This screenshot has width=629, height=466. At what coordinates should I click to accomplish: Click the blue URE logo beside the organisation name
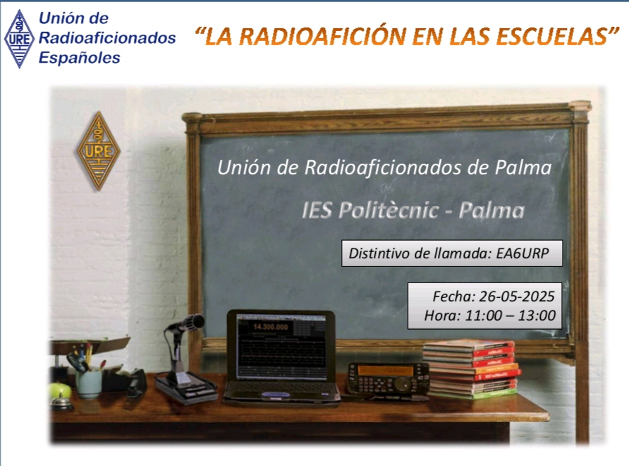[19, 39]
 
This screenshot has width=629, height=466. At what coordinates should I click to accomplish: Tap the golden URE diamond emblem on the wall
[98, 150]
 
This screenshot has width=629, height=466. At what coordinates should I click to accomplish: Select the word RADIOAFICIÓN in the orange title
[324, 36]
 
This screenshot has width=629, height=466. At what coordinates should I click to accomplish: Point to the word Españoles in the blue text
[80, 58]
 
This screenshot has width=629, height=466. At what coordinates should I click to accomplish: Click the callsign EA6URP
[523, 253]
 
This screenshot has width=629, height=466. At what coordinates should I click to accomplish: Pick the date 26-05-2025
[517, 297]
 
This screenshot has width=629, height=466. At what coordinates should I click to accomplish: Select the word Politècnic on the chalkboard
[389, 210]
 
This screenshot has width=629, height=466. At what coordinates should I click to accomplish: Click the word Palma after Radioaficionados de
[523, 167]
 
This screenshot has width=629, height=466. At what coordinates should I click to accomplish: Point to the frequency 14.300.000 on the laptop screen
[270, 327]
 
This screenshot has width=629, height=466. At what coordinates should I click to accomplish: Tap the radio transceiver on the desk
[388, 379]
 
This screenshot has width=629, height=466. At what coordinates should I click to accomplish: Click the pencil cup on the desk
[89, 383]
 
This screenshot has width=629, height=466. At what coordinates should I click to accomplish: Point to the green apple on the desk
[60, 390]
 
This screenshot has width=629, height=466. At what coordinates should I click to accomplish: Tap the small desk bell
[61, 402]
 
